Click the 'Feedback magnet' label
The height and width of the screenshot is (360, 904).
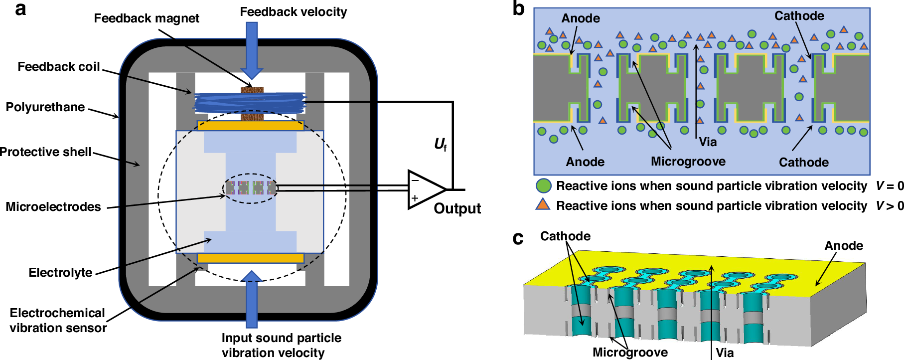pyautogui.click(x=146, y=18)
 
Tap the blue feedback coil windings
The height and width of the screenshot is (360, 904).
pyautogui.click(x=249, y=103)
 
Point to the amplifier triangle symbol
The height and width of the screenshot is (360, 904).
pyautogui.click(x=424, y=190)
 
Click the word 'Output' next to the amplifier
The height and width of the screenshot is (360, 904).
pyautogui.click(x=457, y=208)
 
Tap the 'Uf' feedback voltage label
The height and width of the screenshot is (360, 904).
pyautogui.click(x=441, y=145)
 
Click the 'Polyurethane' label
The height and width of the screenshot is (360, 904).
pyautogui.click(x=45, y=107)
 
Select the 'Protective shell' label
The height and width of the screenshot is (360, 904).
pyautogui.click(x=45, y=152)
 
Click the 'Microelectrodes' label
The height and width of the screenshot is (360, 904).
pyautogui.click(x=53, y=207)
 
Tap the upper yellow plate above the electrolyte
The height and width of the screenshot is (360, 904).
pyautogui.click(x=251, y=125)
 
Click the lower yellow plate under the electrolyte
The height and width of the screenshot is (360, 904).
pyautogui.click(x=251, y=258)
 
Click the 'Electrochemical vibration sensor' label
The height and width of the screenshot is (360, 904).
pyautogui.click(x=58, y=320)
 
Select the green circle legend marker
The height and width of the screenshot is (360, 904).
pyautogui.click(x=543, y=186)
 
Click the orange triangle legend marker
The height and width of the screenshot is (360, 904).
pyautogui.click(x=543, y=205)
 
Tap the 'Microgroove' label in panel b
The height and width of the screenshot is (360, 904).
pyautogui.click(x=688, y=162)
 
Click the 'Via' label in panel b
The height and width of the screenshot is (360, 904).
pyautogui.click(x=708, y=142)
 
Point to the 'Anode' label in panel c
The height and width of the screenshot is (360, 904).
pyautogui.click(x=843, y=246)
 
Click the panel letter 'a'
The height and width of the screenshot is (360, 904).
pyautogui.click(x=20, y=9)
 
